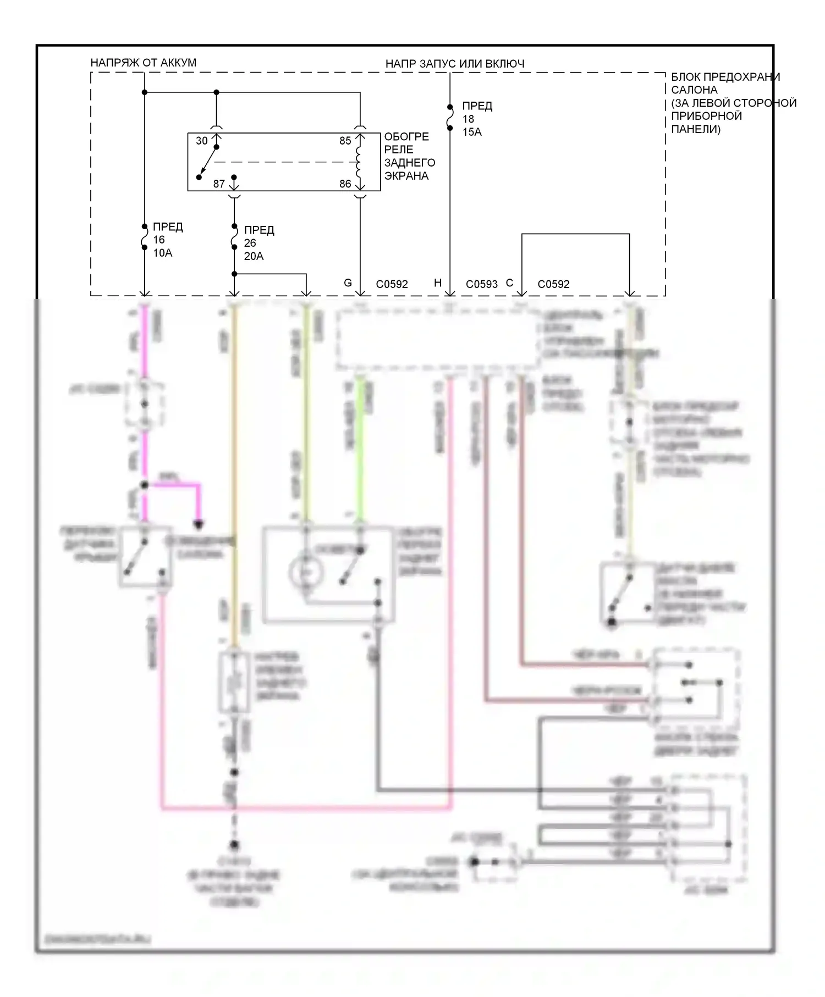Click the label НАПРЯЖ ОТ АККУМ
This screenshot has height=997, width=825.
click(143, 63)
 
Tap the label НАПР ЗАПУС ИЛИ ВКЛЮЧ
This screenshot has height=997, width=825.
click(454, 64)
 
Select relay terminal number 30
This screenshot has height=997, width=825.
click(202, 141)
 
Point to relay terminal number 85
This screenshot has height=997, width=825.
click(345, 141)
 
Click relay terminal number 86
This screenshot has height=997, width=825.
click(345, 184)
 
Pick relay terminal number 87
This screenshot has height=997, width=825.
click(219, 184)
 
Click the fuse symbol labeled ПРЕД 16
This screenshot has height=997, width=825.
click(145, 237)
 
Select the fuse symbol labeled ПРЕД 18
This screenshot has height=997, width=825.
click(450, 117)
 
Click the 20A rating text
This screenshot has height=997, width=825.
click(254, 256)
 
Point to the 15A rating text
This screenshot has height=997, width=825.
click(471, 132)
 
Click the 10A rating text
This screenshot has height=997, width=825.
click(162, 253)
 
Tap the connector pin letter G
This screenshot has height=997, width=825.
click(348, 283)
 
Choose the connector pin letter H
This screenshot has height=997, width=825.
click(438, 283)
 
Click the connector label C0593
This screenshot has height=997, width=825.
click(481, 284)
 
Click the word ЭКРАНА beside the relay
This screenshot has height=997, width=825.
click(406, 176)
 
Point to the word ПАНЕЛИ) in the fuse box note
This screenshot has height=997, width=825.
click(696, 129)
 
